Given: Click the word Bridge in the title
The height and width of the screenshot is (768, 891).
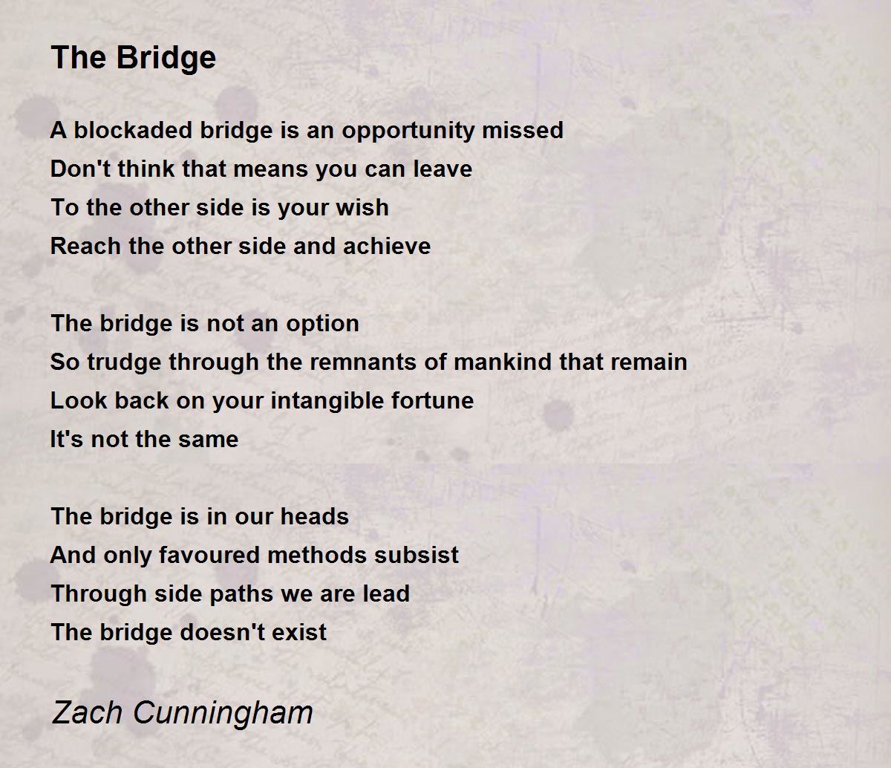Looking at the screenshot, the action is pos(166,58).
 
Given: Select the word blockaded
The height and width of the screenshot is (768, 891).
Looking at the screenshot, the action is pos(133,130).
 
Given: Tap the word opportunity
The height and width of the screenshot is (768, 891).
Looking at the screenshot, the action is pos(408,131).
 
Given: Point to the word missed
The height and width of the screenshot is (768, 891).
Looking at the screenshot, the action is pos(523,130).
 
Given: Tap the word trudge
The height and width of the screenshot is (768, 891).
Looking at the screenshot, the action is pos(124,362).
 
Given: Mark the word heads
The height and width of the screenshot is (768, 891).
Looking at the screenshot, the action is pos(314,517).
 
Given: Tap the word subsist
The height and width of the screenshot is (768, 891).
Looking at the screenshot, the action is pos(416,555).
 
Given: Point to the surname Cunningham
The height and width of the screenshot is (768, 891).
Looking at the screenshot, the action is pos(223,712).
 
